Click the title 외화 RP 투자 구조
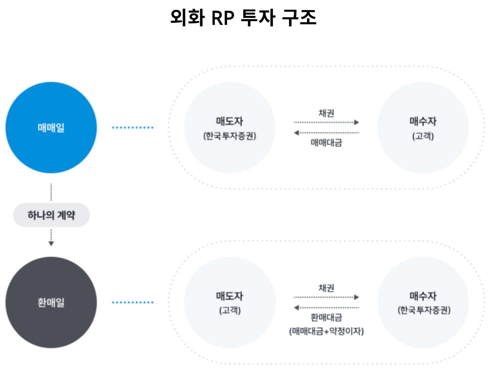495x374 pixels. pyautogui.click(x=243, y=18)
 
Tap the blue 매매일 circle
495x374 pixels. pyautogui.click(x=51, y=127)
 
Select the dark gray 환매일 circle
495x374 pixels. pyautogui.click(x=51, y=302)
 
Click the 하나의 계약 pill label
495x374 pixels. pyautogui.click(x=51, y=215)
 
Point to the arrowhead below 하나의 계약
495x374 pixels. pyautogui.click(x=51, y=243)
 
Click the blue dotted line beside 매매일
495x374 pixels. pyautogui.click(x=132, y=127)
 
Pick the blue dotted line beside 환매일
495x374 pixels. pyautogui.click(x=132, y=302)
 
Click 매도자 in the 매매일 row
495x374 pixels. pyautogui.click(x=230, y=121)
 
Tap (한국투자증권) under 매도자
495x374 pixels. pyautogui.click(x=230, y=136)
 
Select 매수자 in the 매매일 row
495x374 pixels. pyautogui.click(x=423, y=121)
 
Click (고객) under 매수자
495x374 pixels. pyautogui.click(x=423, y=136)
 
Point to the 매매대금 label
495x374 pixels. pyautogui.click(x=326, y=142)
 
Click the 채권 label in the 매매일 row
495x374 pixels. pyautogui.click(x=326, y=113)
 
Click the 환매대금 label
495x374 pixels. pyautogui.click(x=326, y=317)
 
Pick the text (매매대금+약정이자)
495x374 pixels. pyautogui.click(x=326, y=331)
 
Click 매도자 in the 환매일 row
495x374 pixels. pyautogui.click(x=230, y=296)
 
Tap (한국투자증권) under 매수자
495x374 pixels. pyautogui.click(x=424, y=310)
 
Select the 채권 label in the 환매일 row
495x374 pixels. pyautogui.click(x=326, y=288)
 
